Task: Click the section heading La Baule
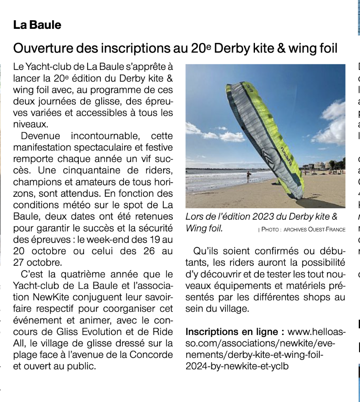[37, 25]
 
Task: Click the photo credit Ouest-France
[324, 230]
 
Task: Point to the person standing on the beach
[248, 175]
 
